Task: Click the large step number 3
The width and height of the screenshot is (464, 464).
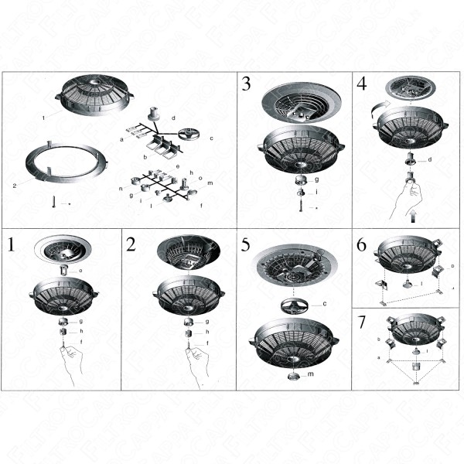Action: (247, 84)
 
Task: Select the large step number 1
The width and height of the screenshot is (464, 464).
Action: (12, 245)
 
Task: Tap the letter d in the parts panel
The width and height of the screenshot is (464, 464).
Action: (173, 118)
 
